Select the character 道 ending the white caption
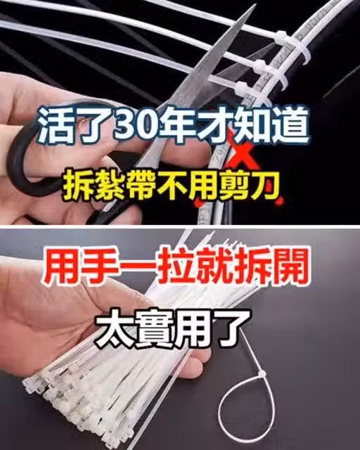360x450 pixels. tap(289, 125)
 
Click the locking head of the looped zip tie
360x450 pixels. tap(262, 374)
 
